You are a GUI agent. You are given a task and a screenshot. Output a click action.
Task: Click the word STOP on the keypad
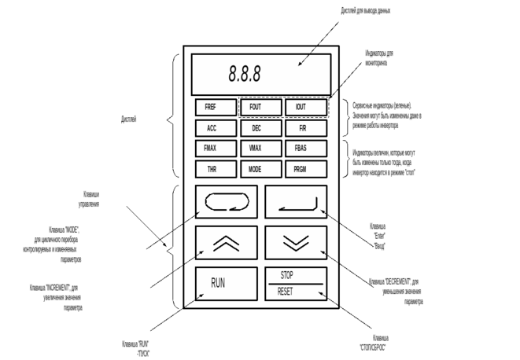point(287,276)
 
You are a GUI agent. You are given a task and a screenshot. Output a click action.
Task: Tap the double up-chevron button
point(226,243)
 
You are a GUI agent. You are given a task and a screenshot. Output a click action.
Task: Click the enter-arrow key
point(296,203)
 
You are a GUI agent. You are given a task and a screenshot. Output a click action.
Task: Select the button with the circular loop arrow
point(226,203)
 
